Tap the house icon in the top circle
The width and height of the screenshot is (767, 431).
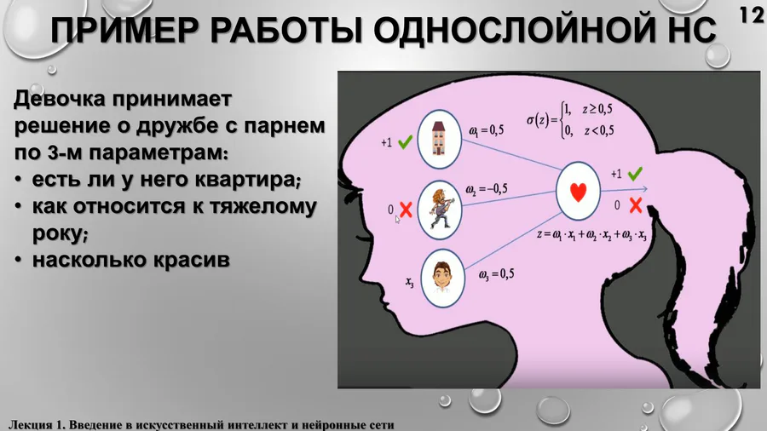coord(439,139)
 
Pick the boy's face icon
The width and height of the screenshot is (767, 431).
coord(442,278)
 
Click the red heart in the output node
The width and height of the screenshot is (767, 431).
coord(578,192)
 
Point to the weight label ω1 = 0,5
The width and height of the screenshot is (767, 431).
coord(487,130)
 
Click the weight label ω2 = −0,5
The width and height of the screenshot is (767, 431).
coord(487,189)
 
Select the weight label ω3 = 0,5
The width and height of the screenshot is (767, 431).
coord(497,274)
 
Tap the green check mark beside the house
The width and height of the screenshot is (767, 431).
coord(405,142)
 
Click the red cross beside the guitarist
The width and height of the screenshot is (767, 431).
coord(406,210)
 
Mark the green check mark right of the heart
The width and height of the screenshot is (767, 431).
coord(635,174)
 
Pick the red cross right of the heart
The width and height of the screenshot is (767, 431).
coord(636,205)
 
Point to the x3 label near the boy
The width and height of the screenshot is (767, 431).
coord(410,282)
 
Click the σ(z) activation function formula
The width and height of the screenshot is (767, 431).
coord(570,120)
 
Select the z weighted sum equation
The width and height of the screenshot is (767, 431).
coord(591,234)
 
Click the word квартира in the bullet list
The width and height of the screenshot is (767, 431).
coord(247,180)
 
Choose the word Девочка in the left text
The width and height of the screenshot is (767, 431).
coord(61,99)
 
